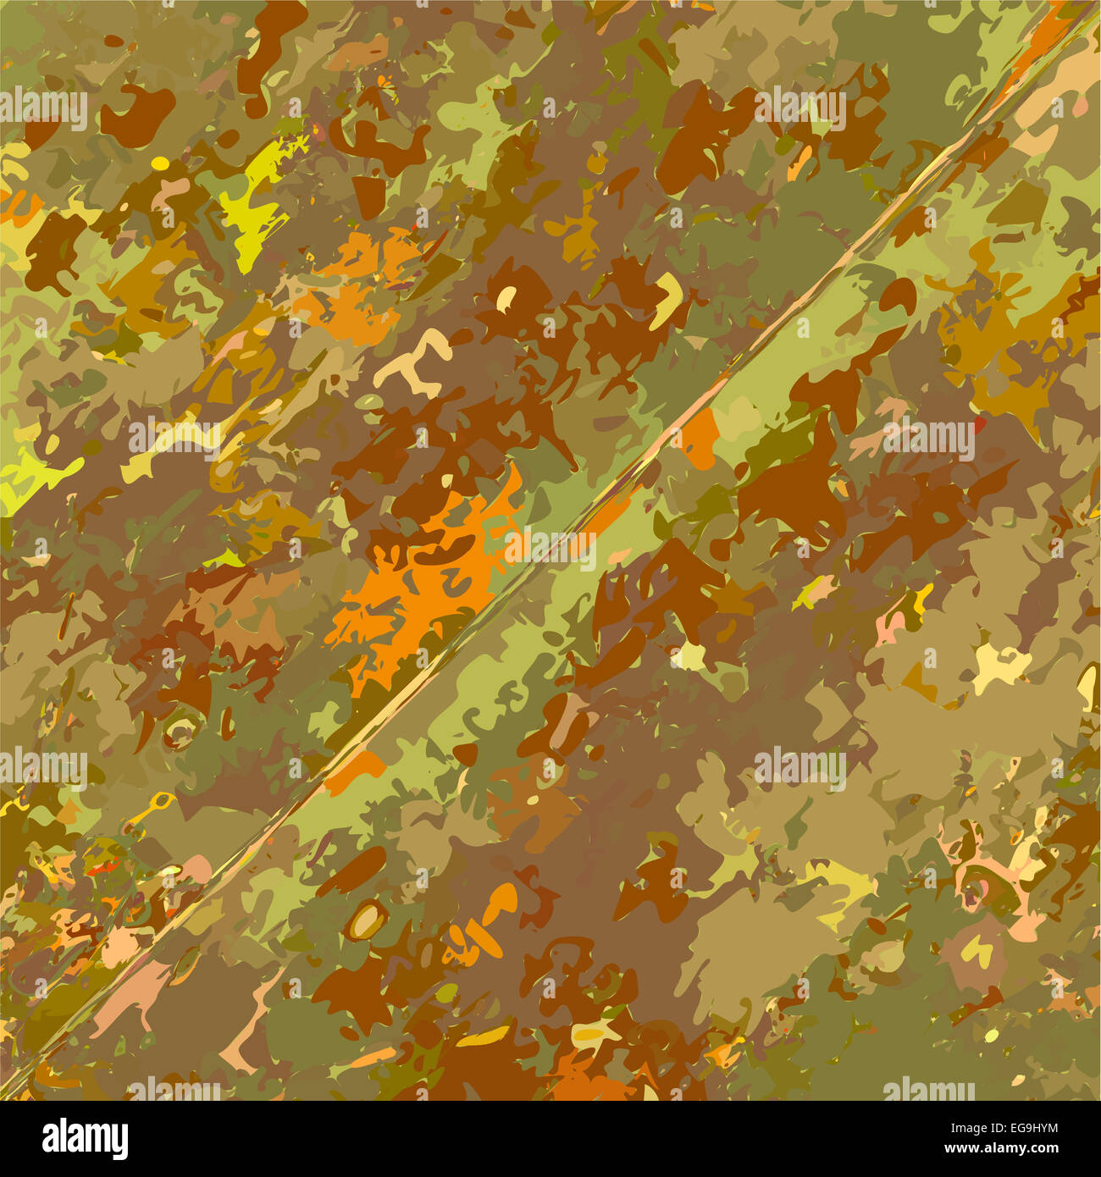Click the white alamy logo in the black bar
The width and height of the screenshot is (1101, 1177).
[85, 1139]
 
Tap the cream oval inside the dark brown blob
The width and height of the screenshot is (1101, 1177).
[506, 297]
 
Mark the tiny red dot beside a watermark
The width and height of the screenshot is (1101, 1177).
[980, 421]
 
